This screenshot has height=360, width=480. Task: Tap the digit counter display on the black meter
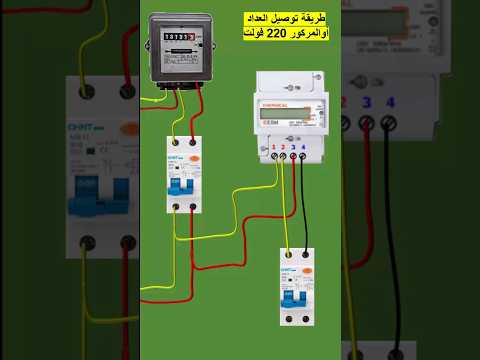(180, 37)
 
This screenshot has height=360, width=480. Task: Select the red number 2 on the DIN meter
(283, 147)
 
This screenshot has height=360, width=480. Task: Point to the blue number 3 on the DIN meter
(293, 147)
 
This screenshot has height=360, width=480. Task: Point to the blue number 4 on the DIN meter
(303, 147)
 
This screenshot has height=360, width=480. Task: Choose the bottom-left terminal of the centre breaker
(174, 206)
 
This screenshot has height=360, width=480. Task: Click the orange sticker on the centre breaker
(196, 157)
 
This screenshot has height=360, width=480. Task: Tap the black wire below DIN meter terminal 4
(303, 200)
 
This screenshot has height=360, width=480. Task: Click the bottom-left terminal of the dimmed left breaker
(88, 243)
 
